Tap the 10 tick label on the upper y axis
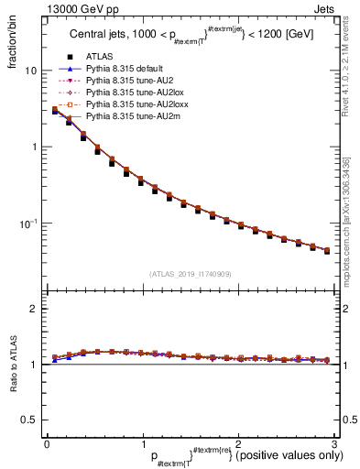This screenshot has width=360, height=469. pos(31,71)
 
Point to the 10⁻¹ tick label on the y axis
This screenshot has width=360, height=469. pos(28,223)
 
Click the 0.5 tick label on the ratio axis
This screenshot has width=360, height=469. pos(29,420)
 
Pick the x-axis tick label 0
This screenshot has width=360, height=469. pos(46,442)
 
